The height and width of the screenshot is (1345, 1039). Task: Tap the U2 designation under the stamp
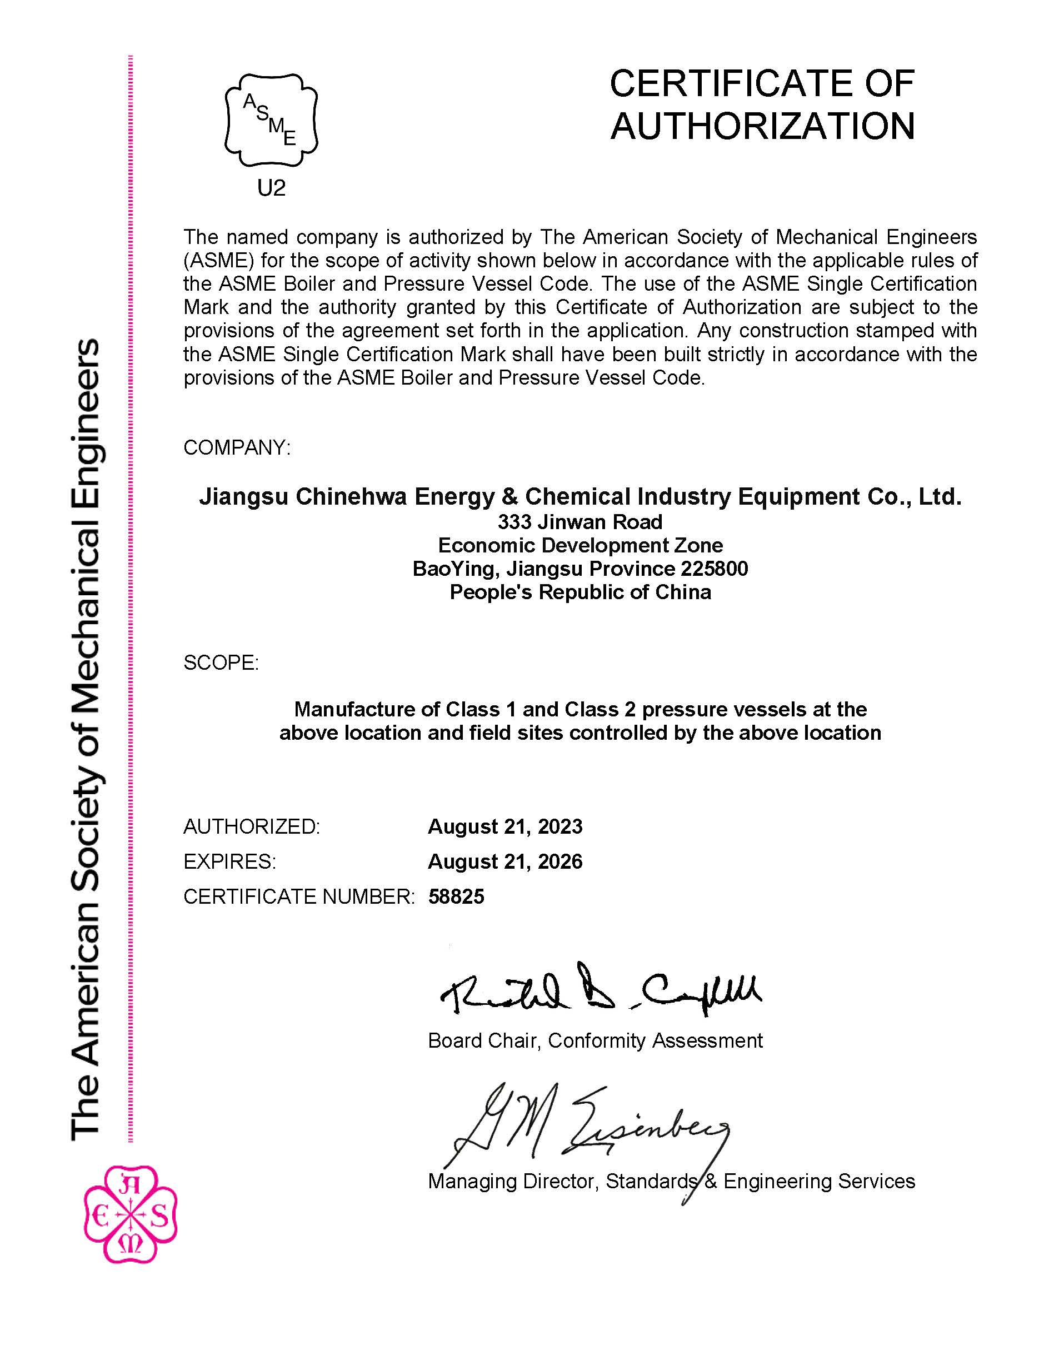pyautogui.click(x=272, y=188)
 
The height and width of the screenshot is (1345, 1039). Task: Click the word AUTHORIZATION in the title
pyautogui.click(x=763, y=126)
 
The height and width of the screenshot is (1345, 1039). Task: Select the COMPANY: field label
pyautogui.click(x=237, y=448)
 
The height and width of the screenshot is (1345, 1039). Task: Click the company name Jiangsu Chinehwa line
pyautogui.click(x=580, y=496)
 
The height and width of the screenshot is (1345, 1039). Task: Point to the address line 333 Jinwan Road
pyautogui.click(x=580, y=522)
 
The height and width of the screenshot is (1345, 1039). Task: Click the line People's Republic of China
pyautogui.click(x=580, y=592)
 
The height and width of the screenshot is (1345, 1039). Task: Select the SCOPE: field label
pyautogui.click(x=221, y=662)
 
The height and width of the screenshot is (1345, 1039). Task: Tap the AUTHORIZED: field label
pyautogui.click(x=252, y=826)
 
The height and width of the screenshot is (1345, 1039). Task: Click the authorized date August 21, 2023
pyautogui.click(x=504, y=826)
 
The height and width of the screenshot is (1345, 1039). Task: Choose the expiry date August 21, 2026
pyautogui.click(x=504, y=861)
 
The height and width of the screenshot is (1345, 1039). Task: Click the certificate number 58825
pyautogui.click(x=456, y=896)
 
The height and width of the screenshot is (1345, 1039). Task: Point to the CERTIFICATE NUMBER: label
pyautogui.click(x=299, y=896)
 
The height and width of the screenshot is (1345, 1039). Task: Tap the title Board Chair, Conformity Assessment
pyautogui.click(x=595, y=1041)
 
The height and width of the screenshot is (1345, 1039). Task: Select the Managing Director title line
pyautogui.click(x=671, y=1181)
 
